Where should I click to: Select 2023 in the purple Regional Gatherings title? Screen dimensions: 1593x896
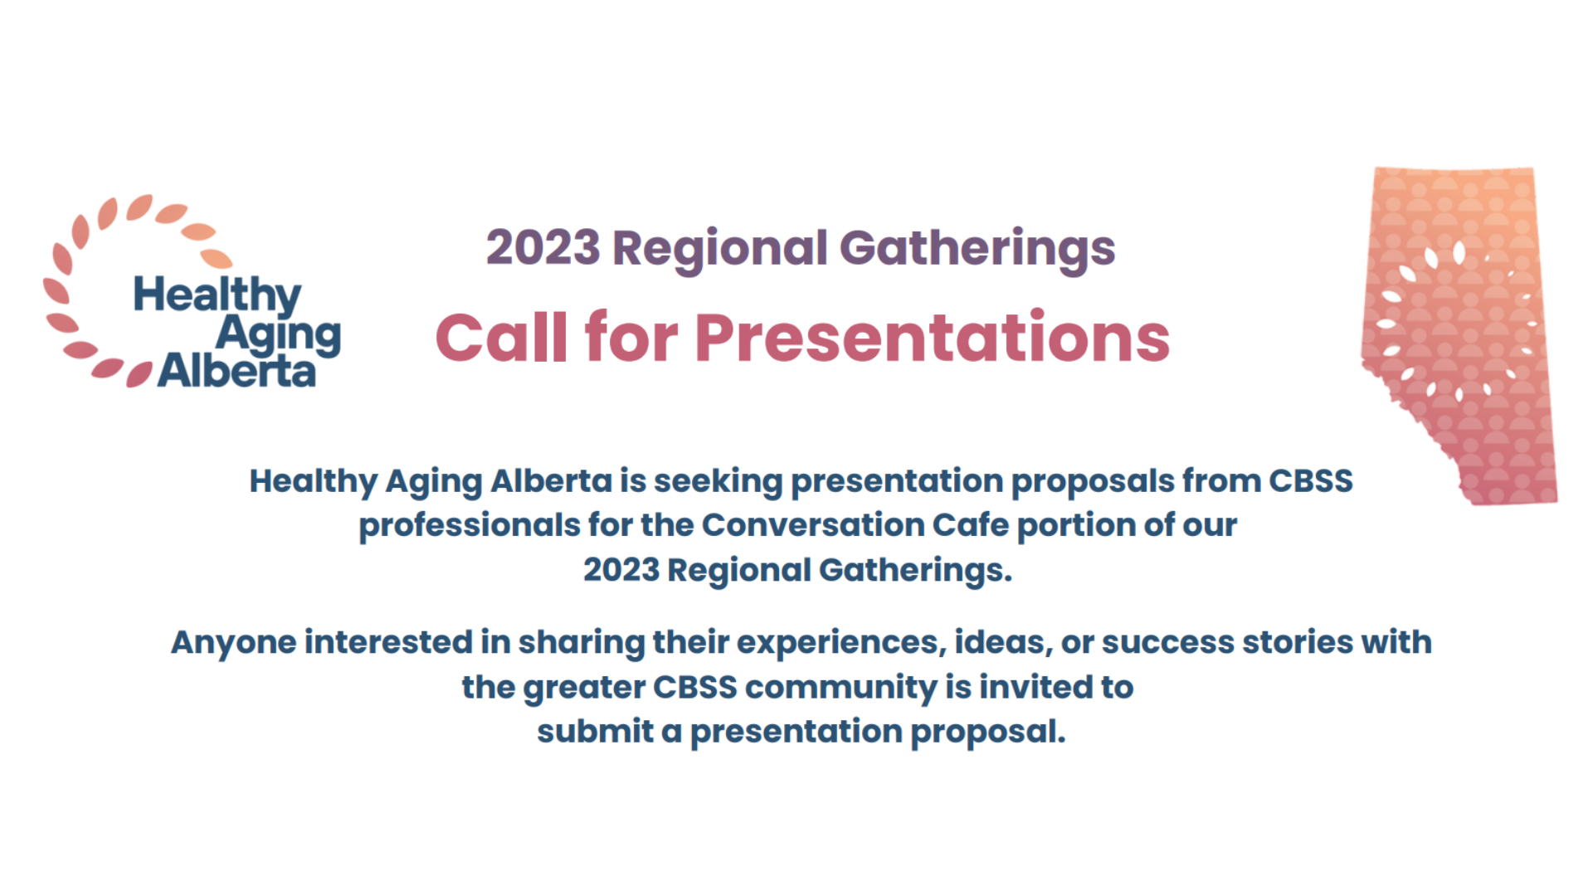tap(543, 247)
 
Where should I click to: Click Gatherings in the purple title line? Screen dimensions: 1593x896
tap(977, 249)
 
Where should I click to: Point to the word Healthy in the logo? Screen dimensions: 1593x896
tap(217, 295)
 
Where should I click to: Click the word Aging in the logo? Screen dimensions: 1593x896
tap(279, 335)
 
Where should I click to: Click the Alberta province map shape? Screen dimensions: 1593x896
tap(1459, 335)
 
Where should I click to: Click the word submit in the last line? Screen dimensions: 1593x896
tap(596, 732)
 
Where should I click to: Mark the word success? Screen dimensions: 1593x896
tap(1168, 643)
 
